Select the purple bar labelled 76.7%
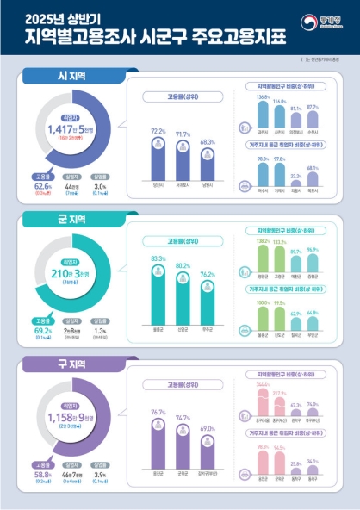(x=158, y=445)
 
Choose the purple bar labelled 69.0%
(x=207, y=452)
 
